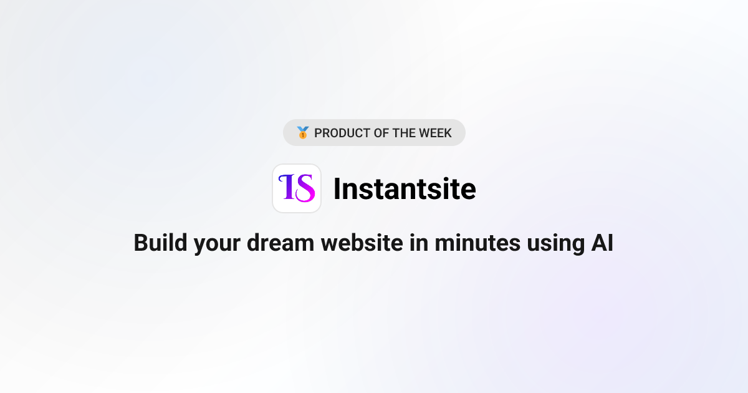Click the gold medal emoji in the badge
[303, 133]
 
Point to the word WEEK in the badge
[436, 133]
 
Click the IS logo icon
[297, 188]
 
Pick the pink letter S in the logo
[305, 188]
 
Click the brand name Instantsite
[405, 188]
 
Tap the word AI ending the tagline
[602, 243]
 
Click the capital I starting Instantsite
[337, 188]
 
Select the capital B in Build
[141, 243]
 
